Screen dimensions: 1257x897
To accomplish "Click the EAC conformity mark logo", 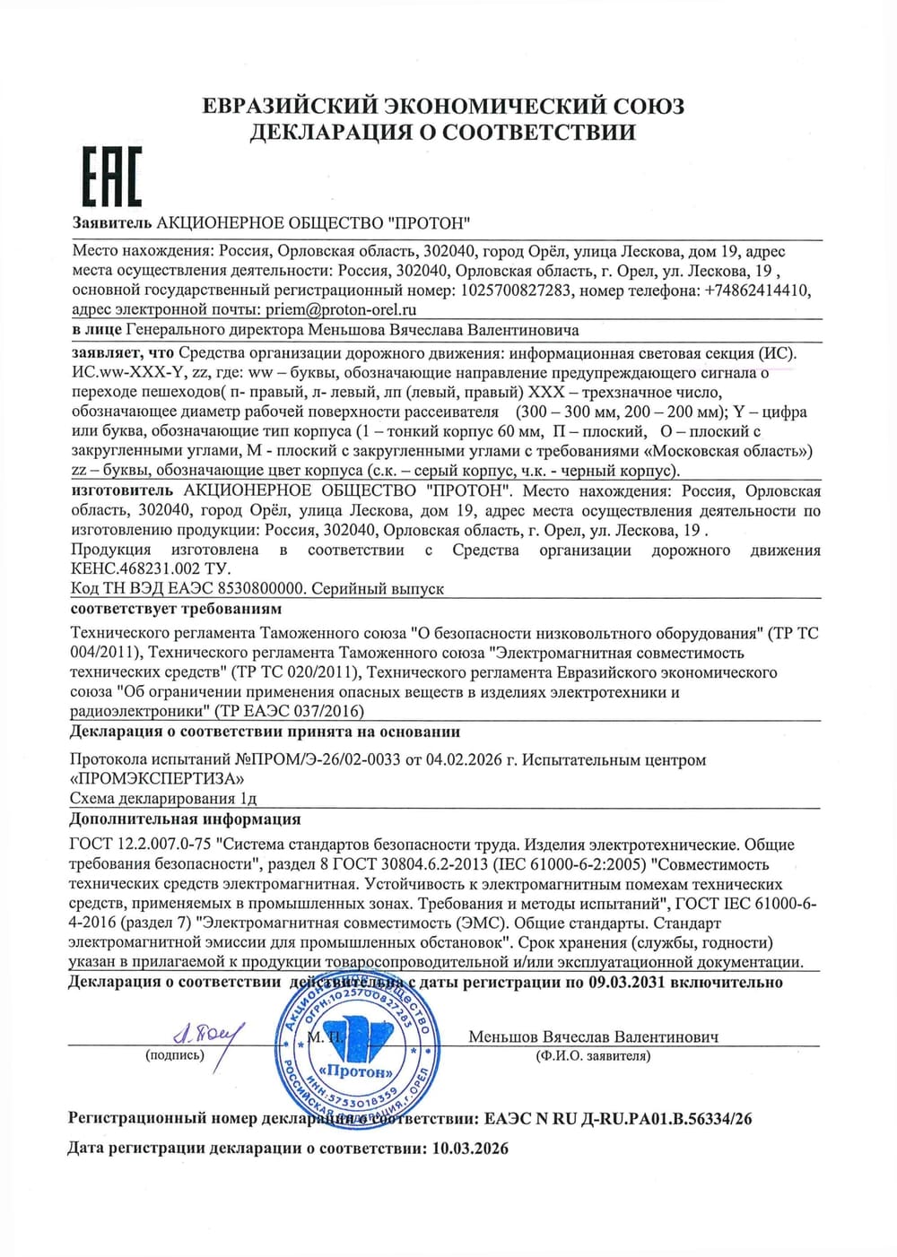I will [112, 176].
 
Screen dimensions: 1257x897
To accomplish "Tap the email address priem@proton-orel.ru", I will [342, 310].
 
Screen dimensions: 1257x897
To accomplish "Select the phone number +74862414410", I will [757, 290].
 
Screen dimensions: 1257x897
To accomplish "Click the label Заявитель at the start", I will [113, 222].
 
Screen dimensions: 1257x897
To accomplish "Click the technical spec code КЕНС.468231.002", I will [129, 569].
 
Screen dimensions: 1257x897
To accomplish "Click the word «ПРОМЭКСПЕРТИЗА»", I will [156, 778].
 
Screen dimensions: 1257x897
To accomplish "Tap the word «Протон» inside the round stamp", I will [359, 1071].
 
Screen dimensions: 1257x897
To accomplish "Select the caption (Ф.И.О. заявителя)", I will [593, 1056].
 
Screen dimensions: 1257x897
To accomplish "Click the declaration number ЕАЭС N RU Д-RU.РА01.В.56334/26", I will [618, 1119].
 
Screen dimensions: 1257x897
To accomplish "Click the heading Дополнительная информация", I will [185, 819].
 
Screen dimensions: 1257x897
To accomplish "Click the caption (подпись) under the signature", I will [175, 1056].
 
